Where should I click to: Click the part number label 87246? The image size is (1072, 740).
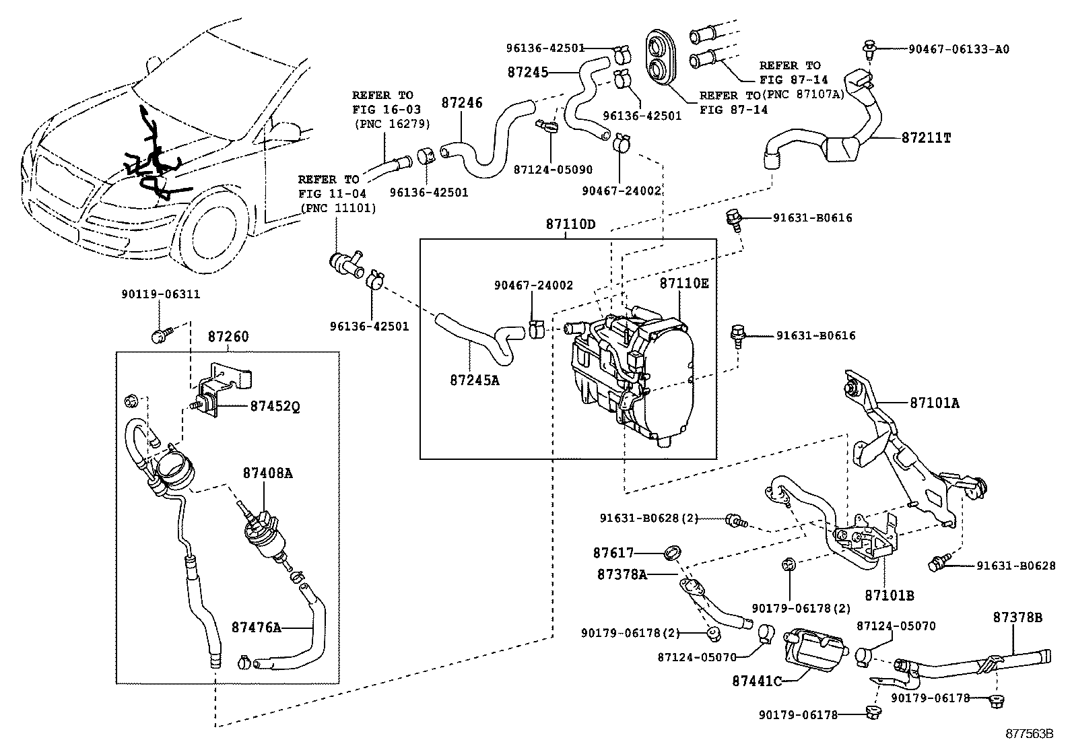pos(462,103)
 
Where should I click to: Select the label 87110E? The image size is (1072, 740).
pos(683,283)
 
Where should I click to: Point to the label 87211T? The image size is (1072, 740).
pos(926,137)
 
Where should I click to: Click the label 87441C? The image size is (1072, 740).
pos(756,681)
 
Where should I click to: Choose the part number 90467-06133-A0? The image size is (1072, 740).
pos(958,49)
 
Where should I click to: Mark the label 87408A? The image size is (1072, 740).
pos(267,473)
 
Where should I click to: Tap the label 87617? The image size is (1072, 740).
pos(613,553)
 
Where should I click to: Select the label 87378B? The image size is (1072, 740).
pos(1017,617)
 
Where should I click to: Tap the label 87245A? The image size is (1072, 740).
pos(475,380)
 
